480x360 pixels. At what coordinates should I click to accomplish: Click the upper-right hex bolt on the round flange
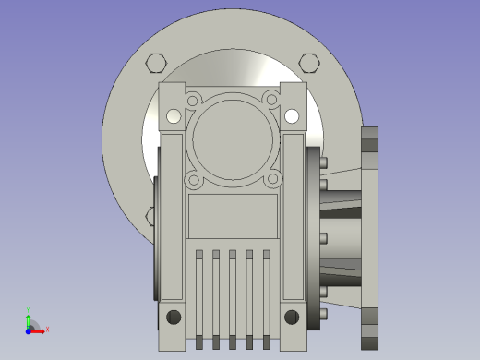coord(309,63)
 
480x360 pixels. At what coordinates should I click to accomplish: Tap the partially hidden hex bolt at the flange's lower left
coord(150,216)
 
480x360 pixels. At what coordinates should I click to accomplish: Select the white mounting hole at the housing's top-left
coord(174,116)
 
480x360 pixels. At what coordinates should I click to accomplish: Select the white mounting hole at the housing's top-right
coord(292,116)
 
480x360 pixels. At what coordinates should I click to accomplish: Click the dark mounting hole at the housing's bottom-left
coord(174,318)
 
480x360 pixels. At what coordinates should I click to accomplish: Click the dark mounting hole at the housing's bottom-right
coord(292,318)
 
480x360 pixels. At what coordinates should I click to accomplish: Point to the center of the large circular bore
coord(233,139)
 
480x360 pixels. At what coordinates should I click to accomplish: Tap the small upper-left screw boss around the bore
coord(193,100)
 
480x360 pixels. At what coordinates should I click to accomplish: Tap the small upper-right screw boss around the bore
coord(271,100)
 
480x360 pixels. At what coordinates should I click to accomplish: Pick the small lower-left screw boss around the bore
coord(193,180)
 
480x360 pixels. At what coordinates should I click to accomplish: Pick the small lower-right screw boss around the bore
coord(271,180)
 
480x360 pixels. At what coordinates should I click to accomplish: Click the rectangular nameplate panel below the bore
coord(233,216)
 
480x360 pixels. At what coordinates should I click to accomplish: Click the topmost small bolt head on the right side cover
coord(323,162)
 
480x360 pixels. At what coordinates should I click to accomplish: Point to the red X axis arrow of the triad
coord(42,330)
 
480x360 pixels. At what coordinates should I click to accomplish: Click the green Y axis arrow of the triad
coord(29,315)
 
